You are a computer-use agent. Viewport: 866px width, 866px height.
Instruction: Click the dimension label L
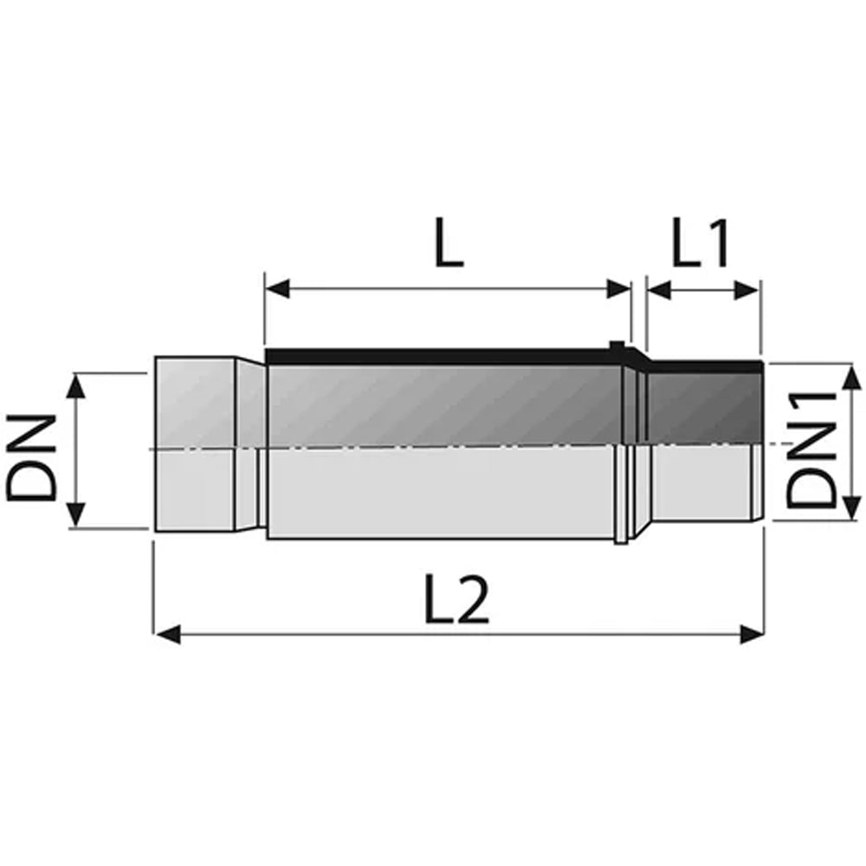(449, 242)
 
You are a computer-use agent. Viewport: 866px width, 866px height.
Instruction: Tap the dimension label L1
(701, 242)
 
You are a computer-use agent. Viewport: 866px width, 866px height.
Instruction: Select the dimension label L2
(456, 600)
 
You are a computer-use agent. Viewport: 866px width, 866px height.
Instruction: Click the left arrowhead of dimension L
(277, 288)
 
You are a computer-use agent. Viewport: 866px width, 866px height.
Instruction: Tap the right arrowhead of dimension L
(618, 288)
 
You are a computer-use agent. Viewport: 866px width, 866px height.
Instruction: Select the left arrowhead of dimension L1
(658, 290)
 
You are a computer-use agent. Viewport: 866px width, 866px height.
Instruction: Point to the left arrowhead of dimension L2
(167, 634)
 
